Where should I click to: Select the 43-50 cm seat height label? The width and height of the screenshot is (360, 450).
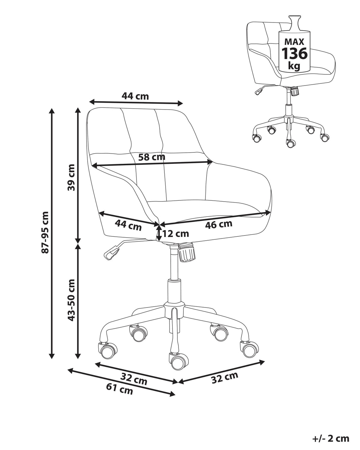coord(71,300)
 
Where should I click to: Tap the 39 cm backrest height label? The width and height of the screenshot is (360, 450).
coord(71,177)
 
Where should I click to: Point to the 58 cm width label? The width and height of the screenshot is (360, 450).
coord(152,157)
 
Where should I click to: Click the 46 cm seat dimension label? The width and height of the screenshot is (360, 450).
coord(219,224)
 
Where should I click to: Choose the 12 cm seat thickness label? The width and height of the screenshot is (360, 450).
coord(175,233)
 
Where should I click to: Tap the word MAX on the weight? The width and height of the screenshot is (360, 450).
coord(294,42)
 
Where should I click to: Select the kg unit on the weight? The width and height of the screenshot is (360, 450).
coord(294,66)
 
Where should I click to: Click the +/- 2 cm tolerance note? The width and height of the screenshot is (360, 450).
coord(331,437)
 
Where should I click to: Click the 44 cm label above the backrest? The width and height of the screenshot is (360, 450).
coord(135,96)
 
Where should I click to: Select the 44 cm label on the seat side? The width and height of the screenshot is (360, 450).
coord(128,226)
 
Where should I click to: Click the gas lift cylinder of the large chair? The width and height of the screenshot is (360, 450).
coord(174,291)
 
